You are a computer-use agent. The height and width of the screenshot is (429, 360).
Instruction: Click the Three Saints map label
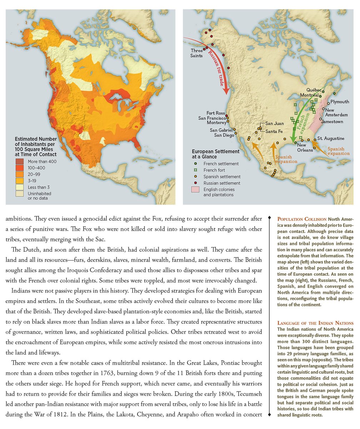click(x=196, y=53)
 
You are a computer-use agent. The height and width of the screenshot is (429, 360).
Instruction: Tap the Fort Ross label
click(x=215, y=113)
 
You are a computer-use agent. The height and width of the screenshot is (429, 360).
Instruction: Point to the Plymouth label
click(x=340, y=102)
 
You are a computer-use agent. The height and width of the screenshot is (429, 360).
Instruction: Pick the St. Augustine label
click(x=331, y=138)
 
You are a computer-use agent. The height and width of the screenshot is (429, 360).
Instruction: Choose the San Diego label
click(x=224, y=135)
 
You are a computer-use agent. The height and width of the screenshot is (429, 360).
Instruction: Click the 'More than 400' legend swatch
click(x=19, y=162)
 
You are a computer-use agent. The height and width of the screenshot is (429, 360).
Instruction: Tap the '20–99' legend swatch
click(x=19, y=174)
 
